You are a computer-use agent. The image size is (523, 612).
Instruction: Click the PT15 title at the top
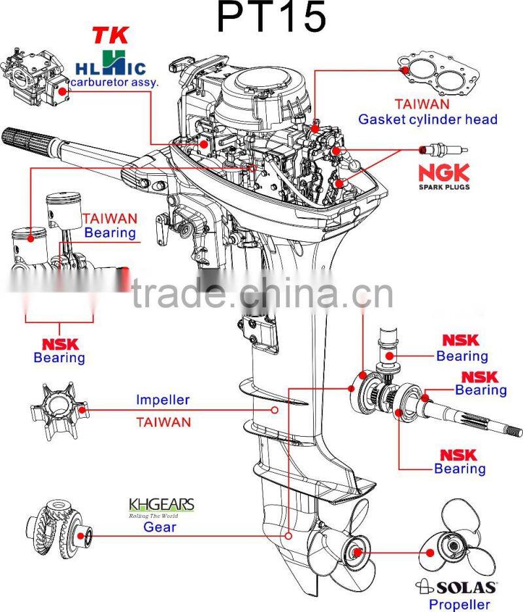(271, 18)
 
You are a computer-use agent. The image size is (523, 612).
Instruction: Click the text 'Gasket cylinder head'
(428, 120)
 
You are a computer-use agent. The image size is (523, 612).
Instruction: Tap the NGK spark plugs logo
(444, 176)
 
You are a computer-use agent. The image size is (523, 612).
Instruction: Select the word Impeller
(163, 399)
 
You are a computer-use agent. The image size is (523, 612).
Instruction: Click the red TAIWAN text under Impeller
(163, 422)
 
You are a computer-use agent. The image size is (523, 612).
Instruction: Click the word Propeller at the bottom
(459, 605)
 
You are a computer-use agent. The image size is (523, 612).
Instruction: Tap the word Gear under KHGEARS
(160, 526)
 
